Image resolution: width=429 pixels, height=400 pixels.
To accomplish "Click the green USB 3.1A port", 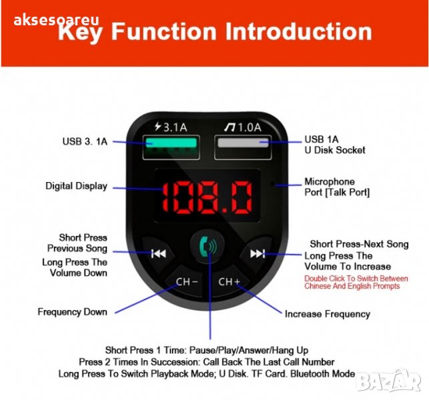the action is coord(171,147).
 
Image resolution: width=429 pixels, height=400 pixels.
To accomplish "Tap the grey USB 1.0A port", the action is coord(243,147).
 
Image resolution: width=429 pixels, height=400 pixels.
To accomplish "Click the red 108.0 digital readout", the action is coord(207,197).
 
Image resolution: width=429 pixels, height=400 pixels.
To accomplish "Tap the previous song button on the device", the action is coord(158,254).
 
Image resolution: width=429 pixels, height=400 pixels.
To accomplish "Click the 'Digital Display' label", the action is coord(76,186).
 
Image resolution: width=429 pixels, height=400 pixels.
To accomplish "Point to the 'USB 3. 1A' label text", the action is coord(85,141).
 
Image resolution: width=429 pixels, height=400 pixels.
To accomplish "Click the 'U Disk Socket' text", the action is coord(335,150).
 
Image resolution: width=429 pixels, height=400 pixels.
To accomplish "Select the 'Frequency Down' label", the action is coord(72,312).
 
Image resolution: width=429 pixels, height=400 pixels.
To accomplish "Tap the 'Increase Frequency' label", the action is coord(327,314).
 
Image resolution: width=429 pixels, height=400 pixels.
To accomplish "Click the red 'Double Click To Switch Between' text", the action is coord(356,278).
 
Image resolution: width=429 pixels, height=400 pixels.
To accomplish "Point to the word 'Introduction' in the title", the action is coord(298,31).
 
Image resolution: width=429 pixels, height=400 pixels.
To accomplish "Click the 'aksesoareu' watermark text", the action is coord(56,20).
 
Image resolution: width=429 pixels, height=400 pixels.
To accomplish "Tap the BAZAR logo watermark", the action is coord(389,381).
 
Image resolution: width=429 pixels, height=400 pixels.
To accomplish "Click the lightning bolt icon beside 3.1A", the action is coord(158,126).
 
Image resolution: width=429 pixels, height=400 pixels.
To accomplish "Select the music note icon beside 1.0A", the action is coord(230,127).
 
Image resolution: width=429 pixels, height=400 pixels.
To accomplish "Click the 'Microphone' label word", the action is coord(330,181).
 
